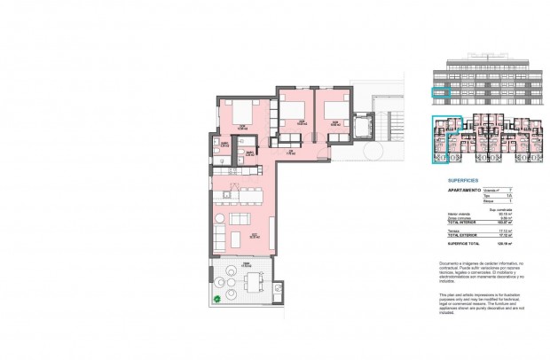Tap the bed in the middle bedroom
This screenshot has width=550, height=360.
coord(291,112)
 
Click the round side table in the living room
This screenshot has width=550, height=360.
coord(221,218)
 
